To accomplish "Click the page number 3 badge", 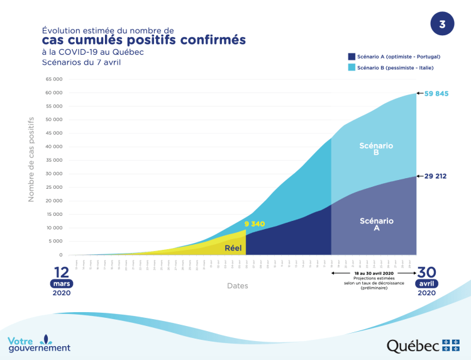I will [441, 25].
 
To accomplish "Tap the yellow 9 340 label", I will [255, 223].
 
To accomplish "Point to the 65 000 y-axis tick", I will [54, 79].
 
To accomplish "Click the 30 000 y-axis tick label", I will [54, 174].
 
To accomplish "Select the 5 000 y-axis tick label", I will [55, 241].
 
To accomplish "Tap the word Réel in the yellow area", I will [233, 248].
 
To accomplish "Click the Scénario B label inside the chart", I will [376, 149].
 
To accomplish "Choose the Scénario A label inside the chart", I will [377, 224].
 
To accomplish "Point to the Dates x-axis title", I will [238, 286].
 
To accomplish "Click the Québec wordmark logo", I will [413, 346].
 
